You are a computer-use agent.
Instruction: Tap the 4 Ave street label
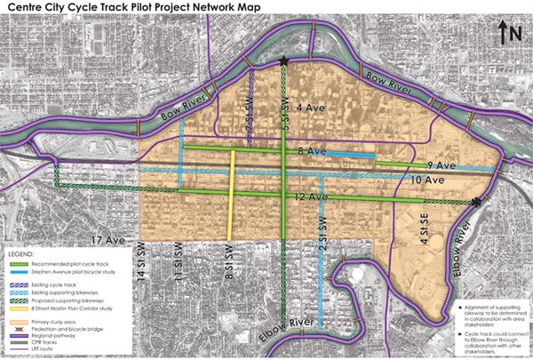[x=310, y=109]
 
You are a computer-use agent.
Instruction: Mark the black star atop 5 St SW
[x=283, y=61]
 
